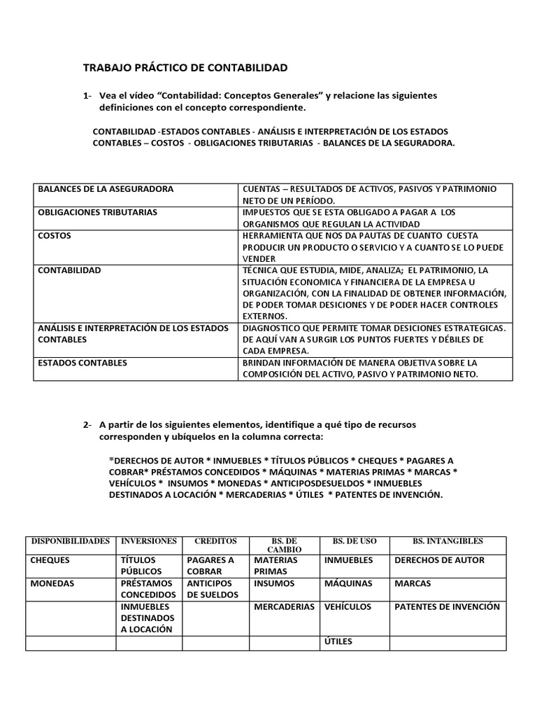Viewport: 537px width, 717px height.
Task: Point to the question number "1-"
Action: point(88,95)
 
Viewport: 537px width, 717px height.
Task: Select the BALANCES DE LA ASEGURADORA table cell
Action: point(106,190)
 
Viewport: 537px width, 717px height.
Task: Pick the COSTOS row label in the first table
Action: point(55,236)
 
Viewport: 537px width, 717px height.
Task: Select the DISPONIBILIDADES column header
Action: point(70,541)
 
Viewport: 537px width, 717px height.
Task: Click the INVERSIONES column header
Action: point(149,541)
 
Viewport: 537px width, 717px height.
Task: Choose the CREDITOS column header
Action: point(215,541)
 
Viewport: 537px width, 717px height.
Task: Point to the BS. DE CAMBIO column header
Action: point(284,545)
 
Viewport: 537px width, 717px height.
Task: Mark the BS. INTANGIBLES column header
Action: point(447,541)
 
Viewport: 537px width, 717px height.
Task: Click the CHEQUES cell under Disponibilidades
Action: point(50,560)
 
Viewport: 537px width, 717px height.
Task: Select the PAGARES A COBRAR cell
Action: point(210,566)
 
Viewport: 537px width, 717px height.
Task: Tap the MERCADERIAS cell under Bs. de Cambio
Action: point(284,607)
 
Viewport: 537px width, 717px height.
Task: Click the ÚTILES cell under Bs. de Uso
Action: point(338,641)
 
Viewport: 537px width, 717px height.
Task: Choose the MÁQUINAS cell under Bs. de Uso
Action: point(348,583)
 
